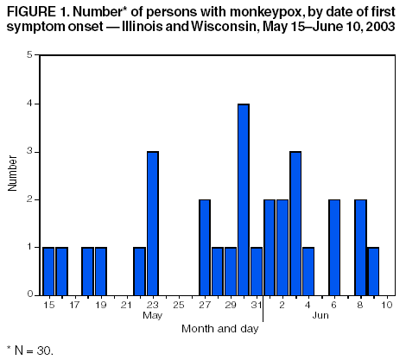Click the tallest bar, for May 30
[244, 199]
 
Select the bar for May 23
[152, 224]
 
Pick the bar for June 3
[295, 224]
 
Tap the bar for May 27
[205, 248]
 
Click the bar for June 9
[373, 271]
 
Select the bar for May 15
[48, 271]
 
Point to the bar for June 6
[334, 248]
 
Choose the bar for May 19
[100, 271]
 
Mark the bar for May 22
[139, 271]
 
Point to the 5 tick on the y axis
[30, 55]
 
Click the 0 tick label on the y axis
[30, 295]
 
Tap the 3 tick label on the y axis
[30, 152]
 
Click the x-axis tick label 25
[178, 305]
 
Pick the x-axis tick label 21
[126, 305]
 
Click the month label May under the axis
[152, 316]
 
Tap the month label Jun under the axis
[320, 316]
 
